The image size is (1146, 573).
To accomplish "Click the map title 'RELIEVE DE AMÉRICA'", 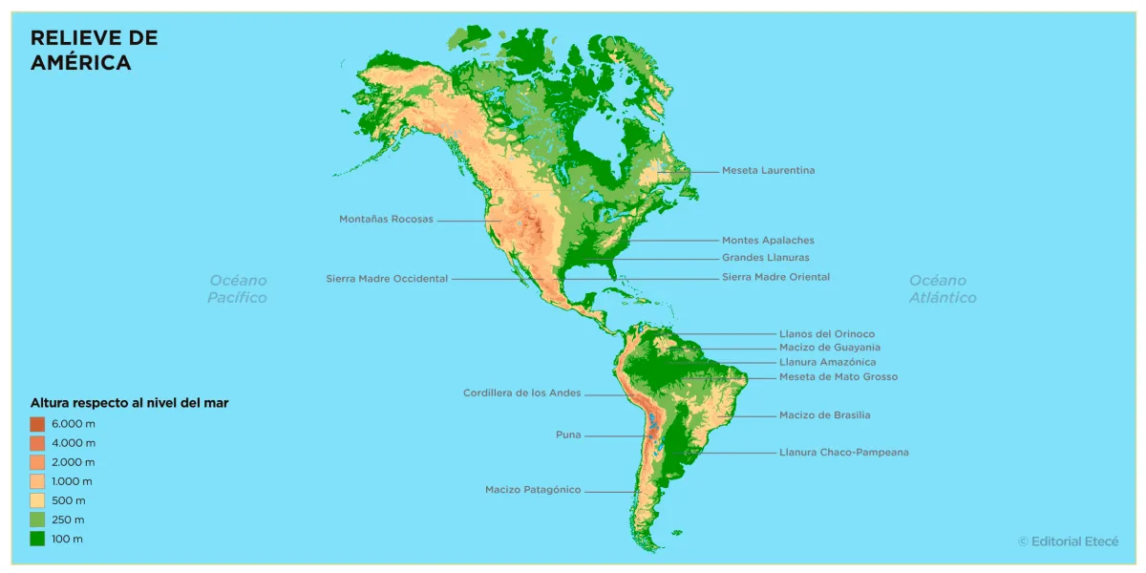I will pyautogui.click(x=94, y=51).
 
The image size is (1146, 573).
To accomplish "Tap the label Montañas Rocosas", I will pyautogui.click(x=386, y=220).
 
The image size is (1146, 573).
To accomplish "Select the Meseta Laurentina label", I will pyautogui.click(x=768, y=171).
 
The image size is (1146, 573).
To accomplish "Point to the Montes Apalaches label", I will pyautogui.click(x=768, y=241).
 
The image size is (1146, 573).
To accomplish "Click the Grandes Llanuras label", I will pyautogui.click(x=765, y=258).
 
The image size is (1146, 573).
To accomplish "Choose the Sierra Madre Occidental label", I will pyautogui.click(x=387, y=279).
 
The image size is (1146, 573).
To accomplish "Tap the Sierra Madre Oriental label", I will pyautogui.click(x=775, y=277).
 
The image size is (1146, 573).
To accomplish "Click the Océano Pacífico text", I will pyautogui.click(x=238, y=289).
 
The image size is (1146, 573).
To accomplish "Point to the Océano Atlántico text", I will pyautogui.click(x=942, y=289).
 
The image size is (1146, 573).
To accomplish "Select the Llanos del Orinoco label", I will pyautogui.click(x=826, y=334).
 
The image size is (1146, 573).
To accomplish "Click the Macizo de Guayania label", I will pyautogui.click(x=829, y=348).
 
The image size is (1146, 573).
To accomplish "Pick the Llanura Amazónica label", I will pyautogui.click(x=827, y=363).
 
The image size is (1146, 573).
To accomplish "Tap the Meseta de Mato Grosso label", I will pyautogui.click(x=838, y=377).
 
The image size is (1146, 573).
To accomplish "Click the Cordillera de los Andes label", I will pyautogui.click(x=521, y=393).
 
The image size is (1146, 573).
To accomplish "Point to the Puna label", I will pyautogui.click(x=568, y=435).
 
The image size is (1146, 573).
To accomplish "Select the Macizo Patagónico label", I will pyautogui.click(x=532, y=490).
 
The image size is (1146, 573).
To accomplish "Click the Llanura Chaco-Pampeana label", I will pyautogui.click(x=843, y=453).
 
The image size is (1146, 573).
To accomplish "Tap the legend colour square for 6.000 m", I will pyautogui.click(x=37, y=424).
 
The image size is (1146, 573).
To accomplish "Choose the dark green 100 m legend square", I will pyautogui.click(x=37, y=539).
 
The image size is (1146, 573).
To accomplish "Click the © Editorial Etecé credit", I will pyautogui.click(x=1068, y=541).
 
